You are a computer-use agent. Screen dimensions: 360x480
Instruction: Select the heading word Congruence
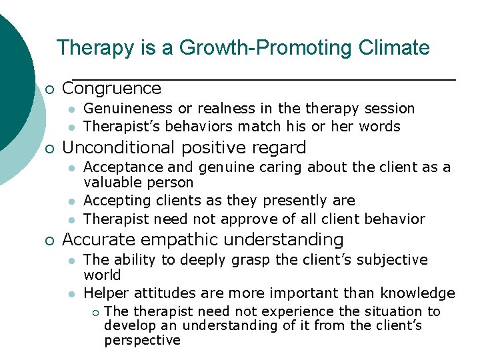pyautogui.click(x=111, y=89)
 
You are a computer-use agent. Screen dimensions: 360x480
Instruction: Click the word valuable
pyautogui.click(x=110, y=183)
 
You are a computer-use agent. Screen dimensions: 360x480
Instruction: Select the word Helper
pyautogui.click(x=107, y=293)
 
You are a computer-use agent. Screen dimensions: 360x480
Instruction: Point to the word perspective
pyautogui.click(x=142, y=341)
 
